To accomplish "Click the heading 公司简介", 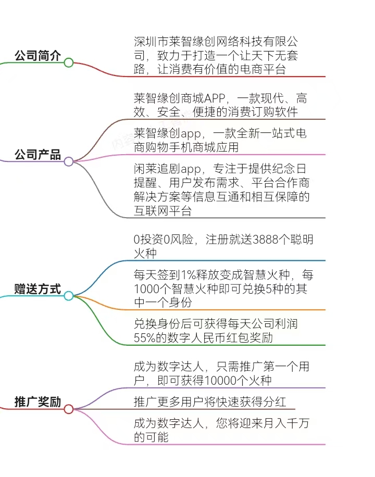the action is pos(37,56).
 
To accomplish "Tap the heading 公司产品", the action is pos(37,155).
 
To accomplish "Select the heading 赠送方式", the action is pos(37,288).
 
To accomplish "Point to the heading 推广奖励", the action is pos(37,402).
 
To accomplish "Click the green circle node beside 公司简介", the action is pos(69,62).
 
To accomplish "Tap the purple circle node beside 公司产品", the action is pos(69,161).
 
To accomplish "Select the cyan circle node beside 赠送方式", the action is pos(69,296).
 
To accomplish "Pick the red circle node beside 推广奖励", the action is pos(69,409).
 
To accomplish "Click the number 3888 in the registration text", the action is pos(266,240).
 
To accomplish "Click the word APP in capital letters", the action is pos(215,98).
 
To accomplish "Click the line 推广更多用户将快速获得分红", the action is pos(210,402).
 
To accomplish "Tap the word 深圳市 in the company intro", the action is pos(151,41).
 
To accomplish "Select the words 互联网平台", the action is pos(163,211).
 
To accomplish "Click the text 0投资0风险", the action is pos(164,240).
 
